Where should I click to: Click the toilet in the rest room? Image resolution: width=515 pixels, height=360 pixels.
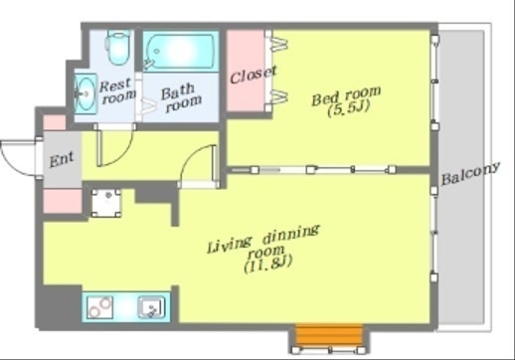click(117, 48)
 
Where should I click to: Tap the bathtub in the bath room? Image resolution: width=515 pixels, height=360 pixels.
click(181, 52)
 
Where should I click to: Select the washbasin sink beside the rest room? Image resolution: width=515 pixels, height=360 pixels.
click(86, 93)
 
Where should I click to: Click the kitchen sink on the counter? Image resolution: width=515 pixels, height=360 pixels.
click(151, 307)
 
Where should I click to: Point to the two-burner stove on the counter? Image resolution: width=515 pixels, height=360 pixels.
click(99, 307)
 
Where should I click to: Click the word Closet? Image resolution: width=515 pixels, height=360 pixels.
click(254, 75)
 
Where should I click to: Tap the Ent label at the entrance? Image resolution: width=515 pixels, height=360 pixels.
click(62, 160)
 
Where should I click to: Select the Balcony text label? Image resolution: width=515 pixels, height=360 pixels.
click(470, 174)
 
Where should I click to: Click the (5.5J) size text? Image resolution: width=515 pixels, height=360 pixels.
click(348, 108)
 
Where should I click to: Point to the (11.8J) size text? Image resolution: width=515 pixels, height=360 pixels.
click(268, 265)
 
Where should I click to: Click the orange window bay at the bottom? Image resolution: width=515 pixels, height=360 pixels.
click(329, 335)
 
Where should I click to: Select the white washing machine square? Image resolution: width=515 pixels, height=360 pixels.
click(106, 203)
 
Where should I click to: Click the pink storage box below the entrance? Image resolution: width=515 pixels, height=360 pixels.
click(63, 201)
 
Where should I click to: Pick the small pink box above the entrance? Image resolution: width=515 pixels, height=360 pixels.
click(55, 122)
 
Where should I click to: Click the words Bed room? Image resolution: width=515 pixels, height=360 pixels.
click(346, 95)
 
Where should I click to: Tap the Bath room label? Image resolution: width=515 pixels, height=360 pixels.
click(181, 98)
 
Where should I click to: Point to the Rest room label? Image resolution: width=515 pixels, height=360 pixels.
click(117, 90)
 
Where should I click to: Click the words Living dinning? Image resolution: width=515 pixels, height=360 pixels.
click(263, 239)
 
